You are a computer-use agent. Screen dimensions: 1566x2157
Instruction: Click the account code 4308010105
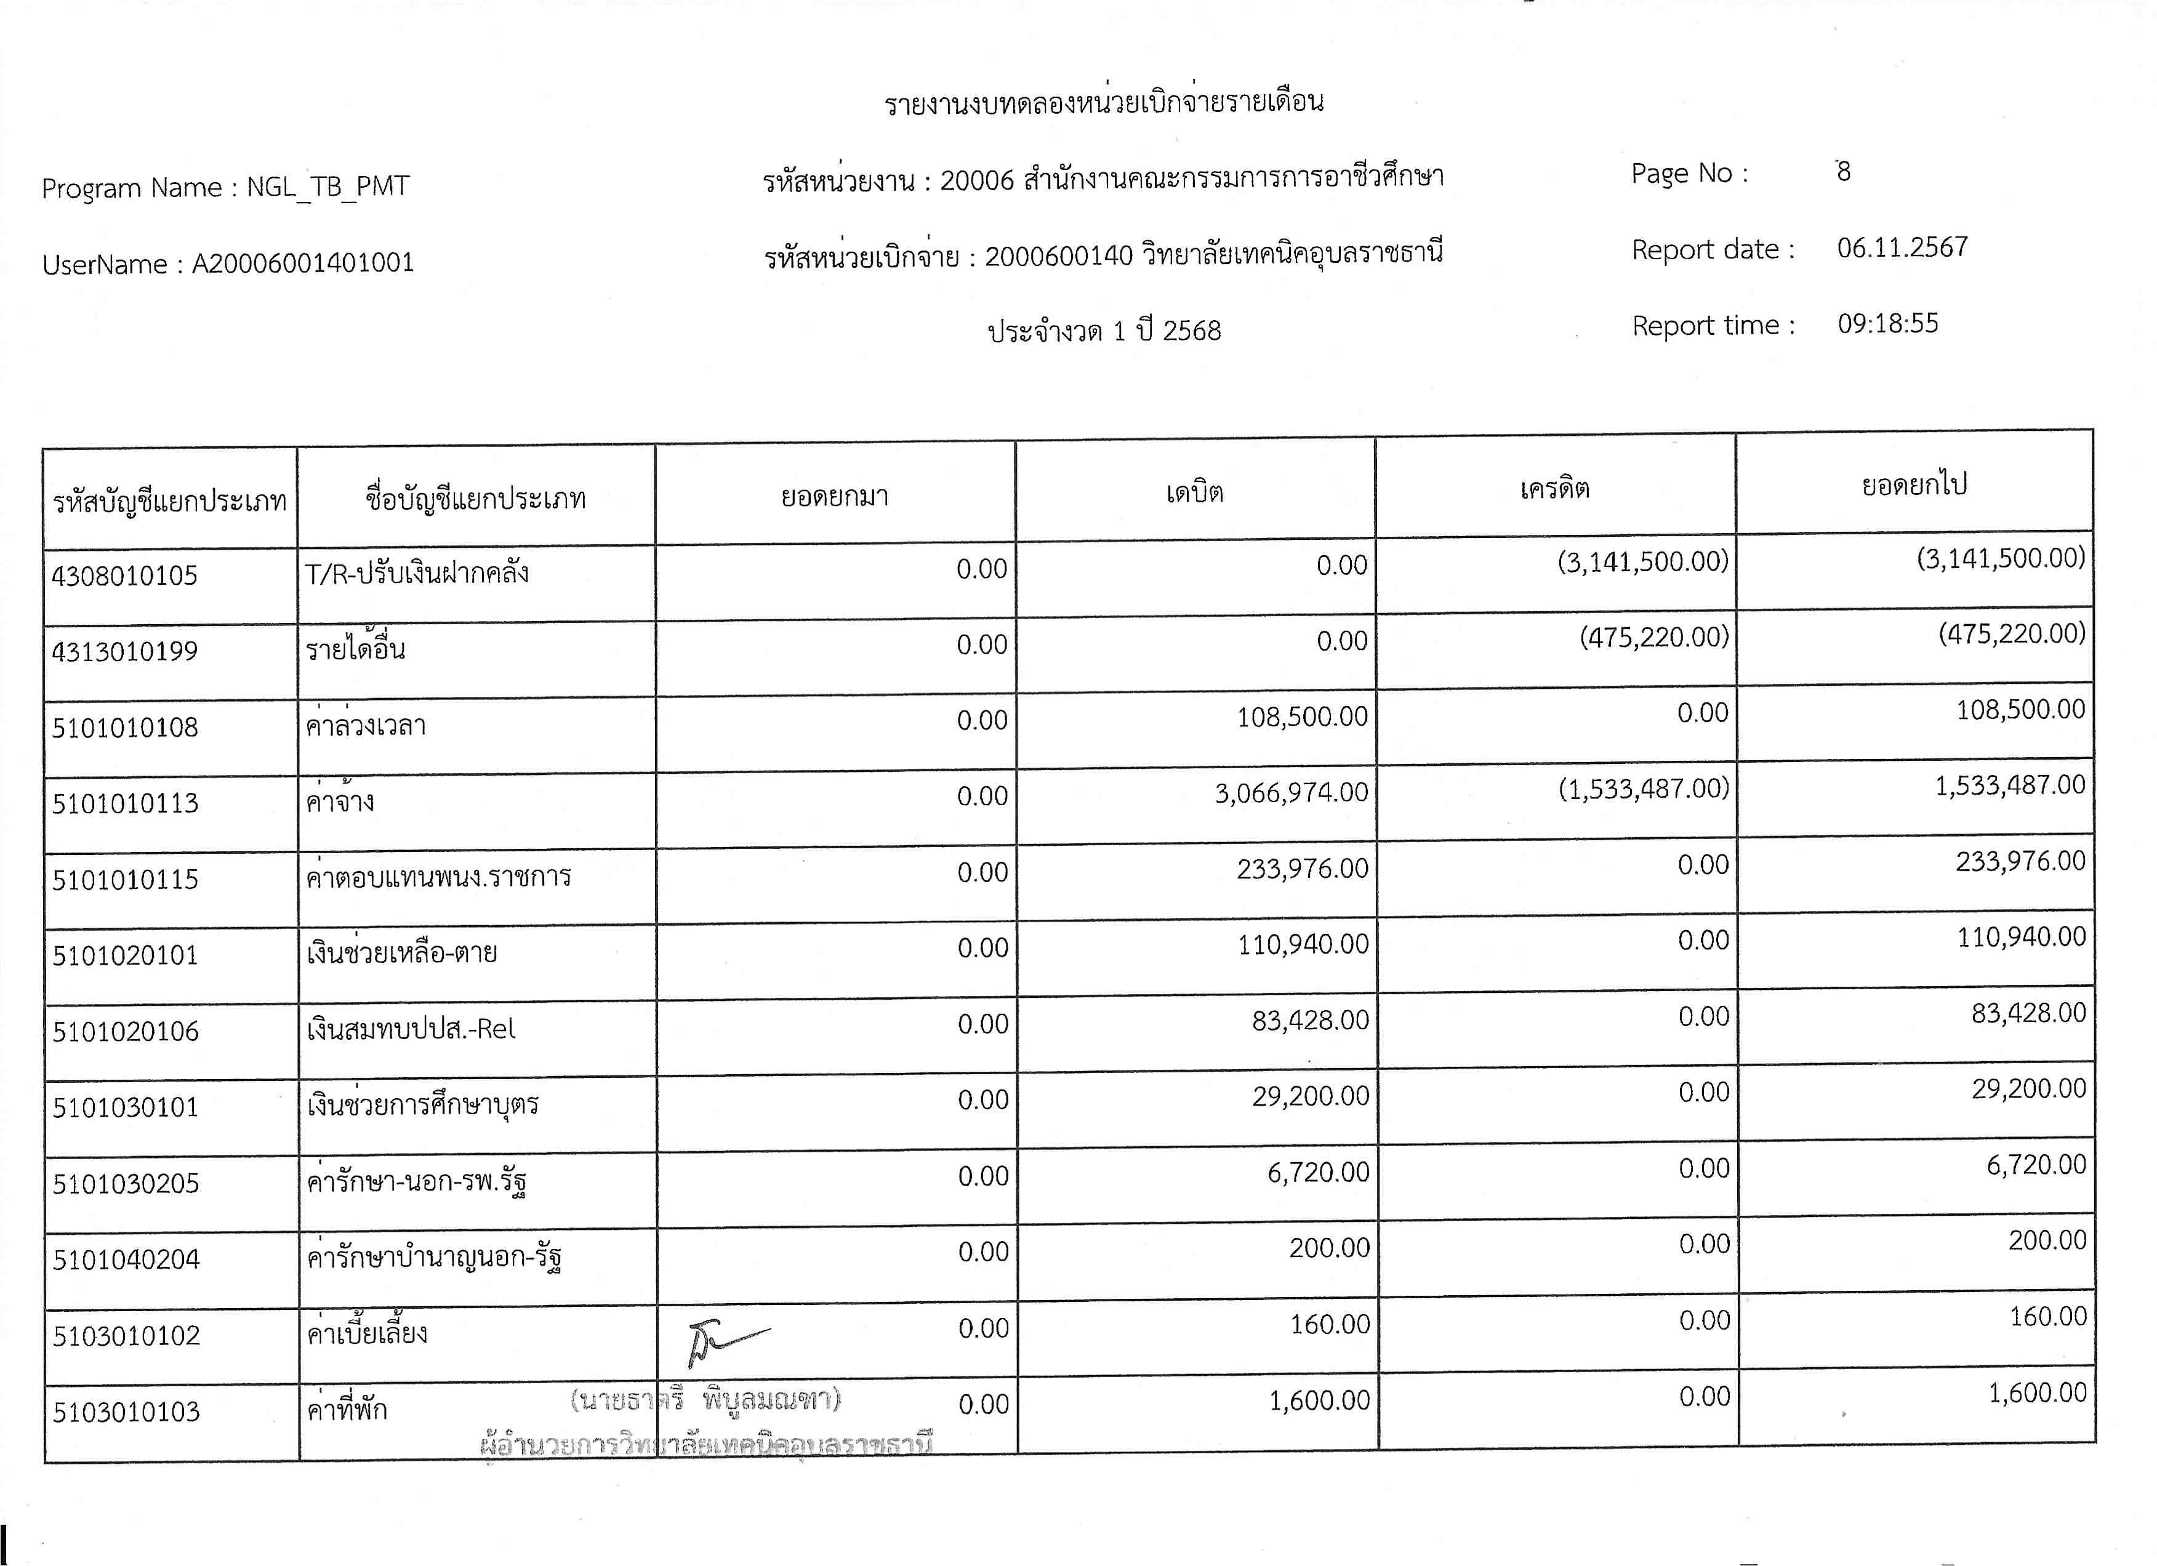[124, 575]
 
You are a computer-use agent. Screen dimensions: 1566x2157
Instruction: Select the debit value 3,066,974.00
[1291, 793]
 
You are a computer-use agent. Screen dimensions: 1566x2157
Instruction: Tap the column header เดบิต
[1194, 492]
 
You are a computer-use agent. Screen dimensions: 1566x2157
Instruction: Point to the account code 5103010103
[126, 1412]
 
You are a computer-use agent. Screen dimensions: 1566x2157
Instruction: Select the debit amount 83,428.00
[1309, 1020]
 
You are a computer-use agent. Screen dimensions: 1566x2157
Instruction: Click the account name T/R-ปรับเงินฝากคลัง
[417, 572]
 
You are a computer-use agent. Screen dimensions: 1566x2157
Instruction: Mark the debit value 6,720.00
[1317, 1173]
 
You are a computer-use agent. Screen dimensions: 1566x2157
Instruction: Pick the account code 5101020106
[126, 1032]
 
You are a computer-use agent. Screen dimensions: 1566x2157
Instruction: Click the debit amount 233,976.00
[1302, 868]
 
